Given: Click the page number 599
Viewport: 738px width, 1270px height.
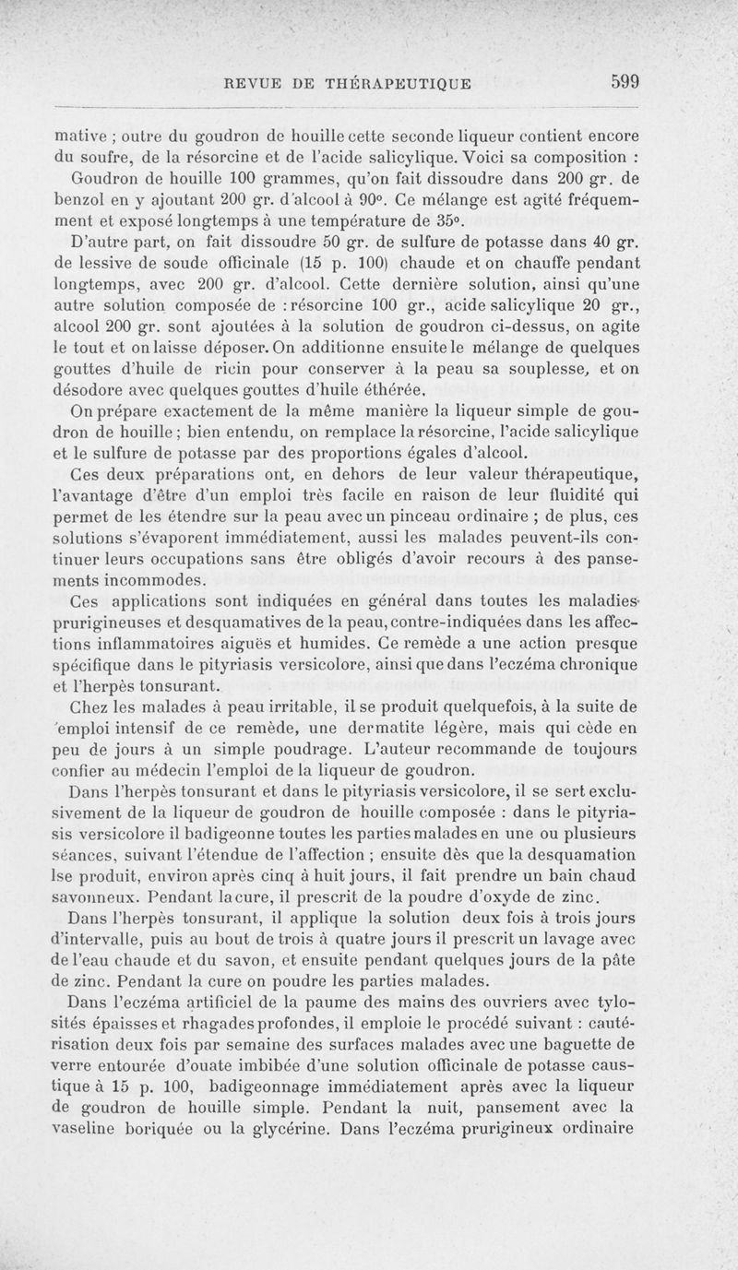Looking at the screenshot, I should click(x=625, y=81).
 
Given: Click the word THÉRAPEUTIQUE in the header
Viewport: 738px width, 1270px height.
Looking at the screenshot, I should click(x=399, y=83).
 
